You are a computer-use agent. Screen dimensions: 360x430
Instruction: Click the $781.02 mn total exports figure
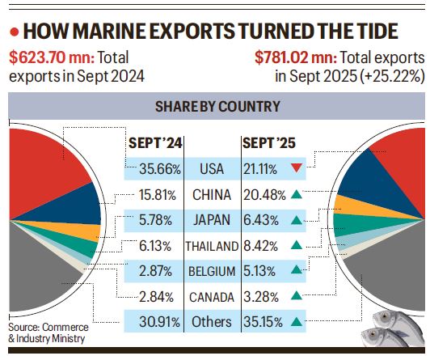[x=293, y=58]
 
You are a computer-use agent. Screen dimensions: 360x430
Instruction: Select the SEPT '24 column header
[x=155, y=143]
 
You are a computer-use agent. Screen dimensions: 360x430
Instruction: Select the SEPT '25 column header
[x=269, y=143]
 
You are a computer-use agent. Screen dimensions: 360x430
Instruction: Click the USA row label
[x=213, y=169]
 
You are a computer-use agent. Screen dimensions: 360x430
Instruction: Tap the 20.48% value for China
[x=263, y=194]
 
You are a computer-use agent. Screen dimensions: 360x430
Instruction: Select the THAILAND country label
[x=213, y=245]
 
